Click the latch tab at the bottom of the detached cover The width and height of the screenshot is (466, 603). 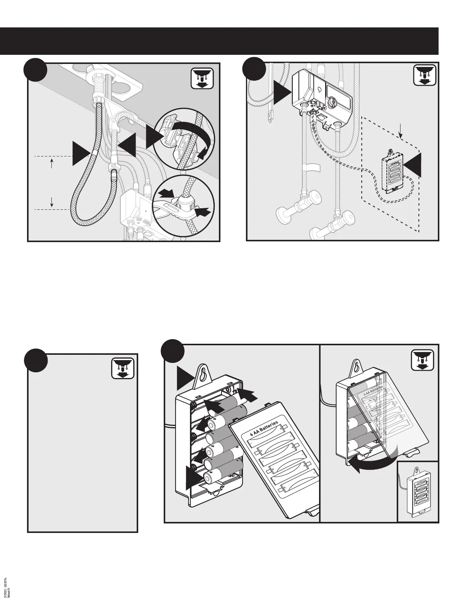point(313,512)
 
